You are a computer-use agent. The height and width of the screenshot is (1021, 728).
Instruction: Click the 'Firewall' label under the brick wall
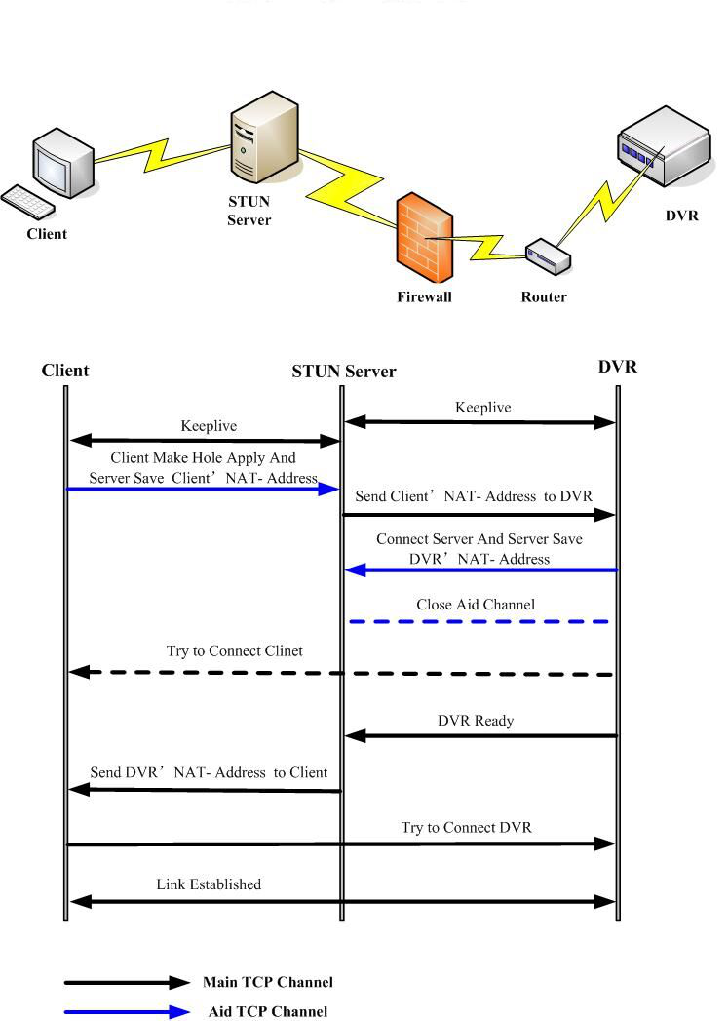point(425,296)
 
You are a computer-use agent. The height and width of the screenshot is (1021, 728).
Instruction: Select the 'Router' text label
point(544,296)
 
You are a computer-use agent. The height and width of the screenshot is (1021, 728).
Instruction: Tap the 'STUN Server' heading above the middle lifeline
point(344,372)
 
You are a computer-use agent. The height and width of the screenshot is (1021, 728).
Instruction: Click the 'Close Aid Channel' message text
point(476,605)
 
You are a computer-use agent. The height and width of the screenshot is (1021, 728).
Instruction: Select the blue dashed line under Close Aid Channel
point(479,621)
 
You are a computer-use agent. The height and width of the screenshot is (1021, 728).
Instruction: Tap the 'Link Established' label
point(209,884)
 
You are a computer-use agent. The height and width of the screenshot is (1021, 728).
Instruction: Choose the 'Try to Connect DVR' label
point(466,828)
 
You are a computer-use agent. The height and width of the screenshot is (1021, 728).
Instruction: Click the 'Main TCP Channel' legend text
point(268,982)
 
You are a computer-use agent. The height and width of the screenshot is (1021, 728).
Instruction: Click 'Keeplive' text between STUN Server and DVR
point(482,408)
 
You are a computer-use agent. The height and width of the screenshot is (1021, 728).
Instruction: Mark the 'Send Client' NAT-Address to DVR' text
point(473,496)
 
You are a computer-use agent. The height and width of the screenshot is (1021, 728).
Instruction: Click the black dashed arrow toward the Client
point(341,673)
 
